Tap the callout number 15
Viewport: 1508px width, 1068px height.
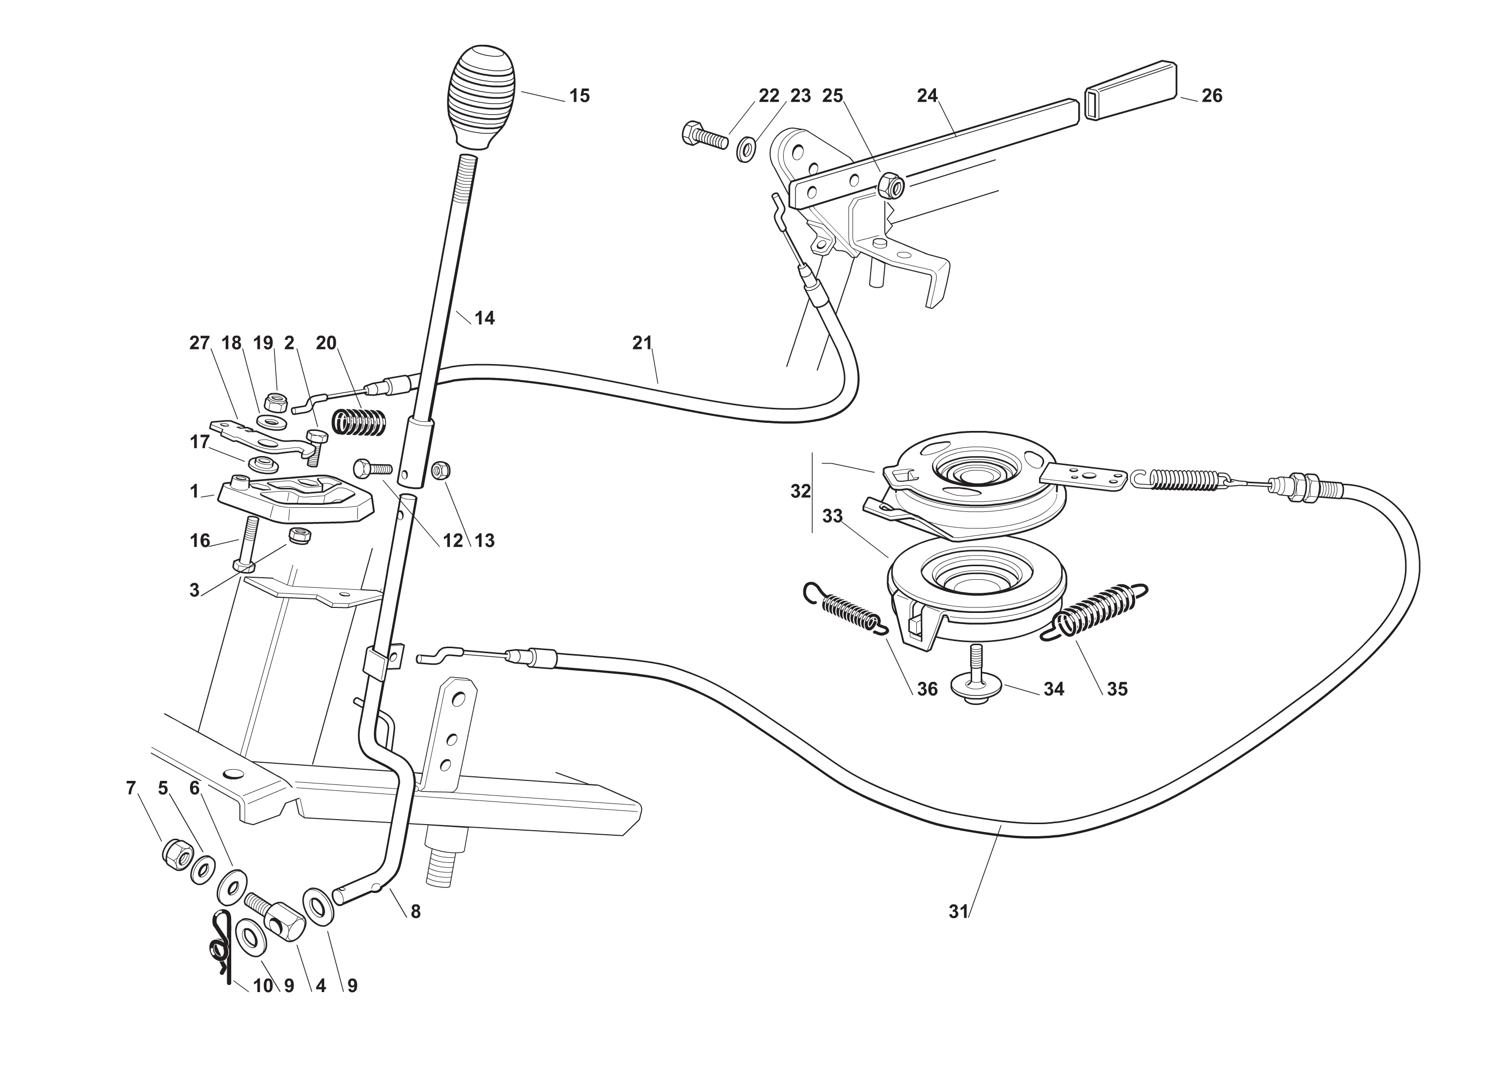coord(579,96)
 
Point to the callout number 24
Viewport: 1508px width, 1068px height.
coord(927,96)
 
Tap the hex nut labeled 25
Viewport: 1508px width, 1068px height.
coord(891,185)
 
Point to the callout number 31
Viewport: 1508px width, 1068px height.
coord(959,912)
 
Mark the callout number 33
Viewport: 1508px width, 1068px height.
coord(832,516)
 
